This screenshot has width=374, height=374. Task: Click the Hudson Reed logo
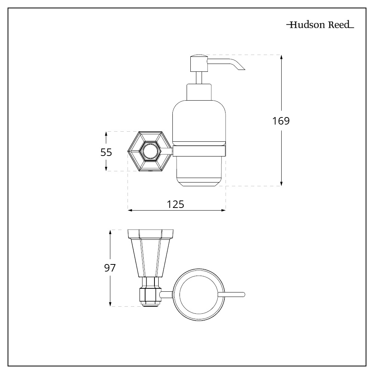click(320, 25)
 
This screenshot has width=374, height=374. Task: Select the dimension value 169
click(281, 121)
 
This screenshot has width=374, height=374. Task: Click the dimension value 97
click(110, 268)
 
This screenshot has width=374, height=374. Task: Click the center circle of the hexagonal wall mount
click(149, 151)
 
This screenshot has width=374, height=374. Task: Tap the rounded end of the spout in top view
click(243, 295)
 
